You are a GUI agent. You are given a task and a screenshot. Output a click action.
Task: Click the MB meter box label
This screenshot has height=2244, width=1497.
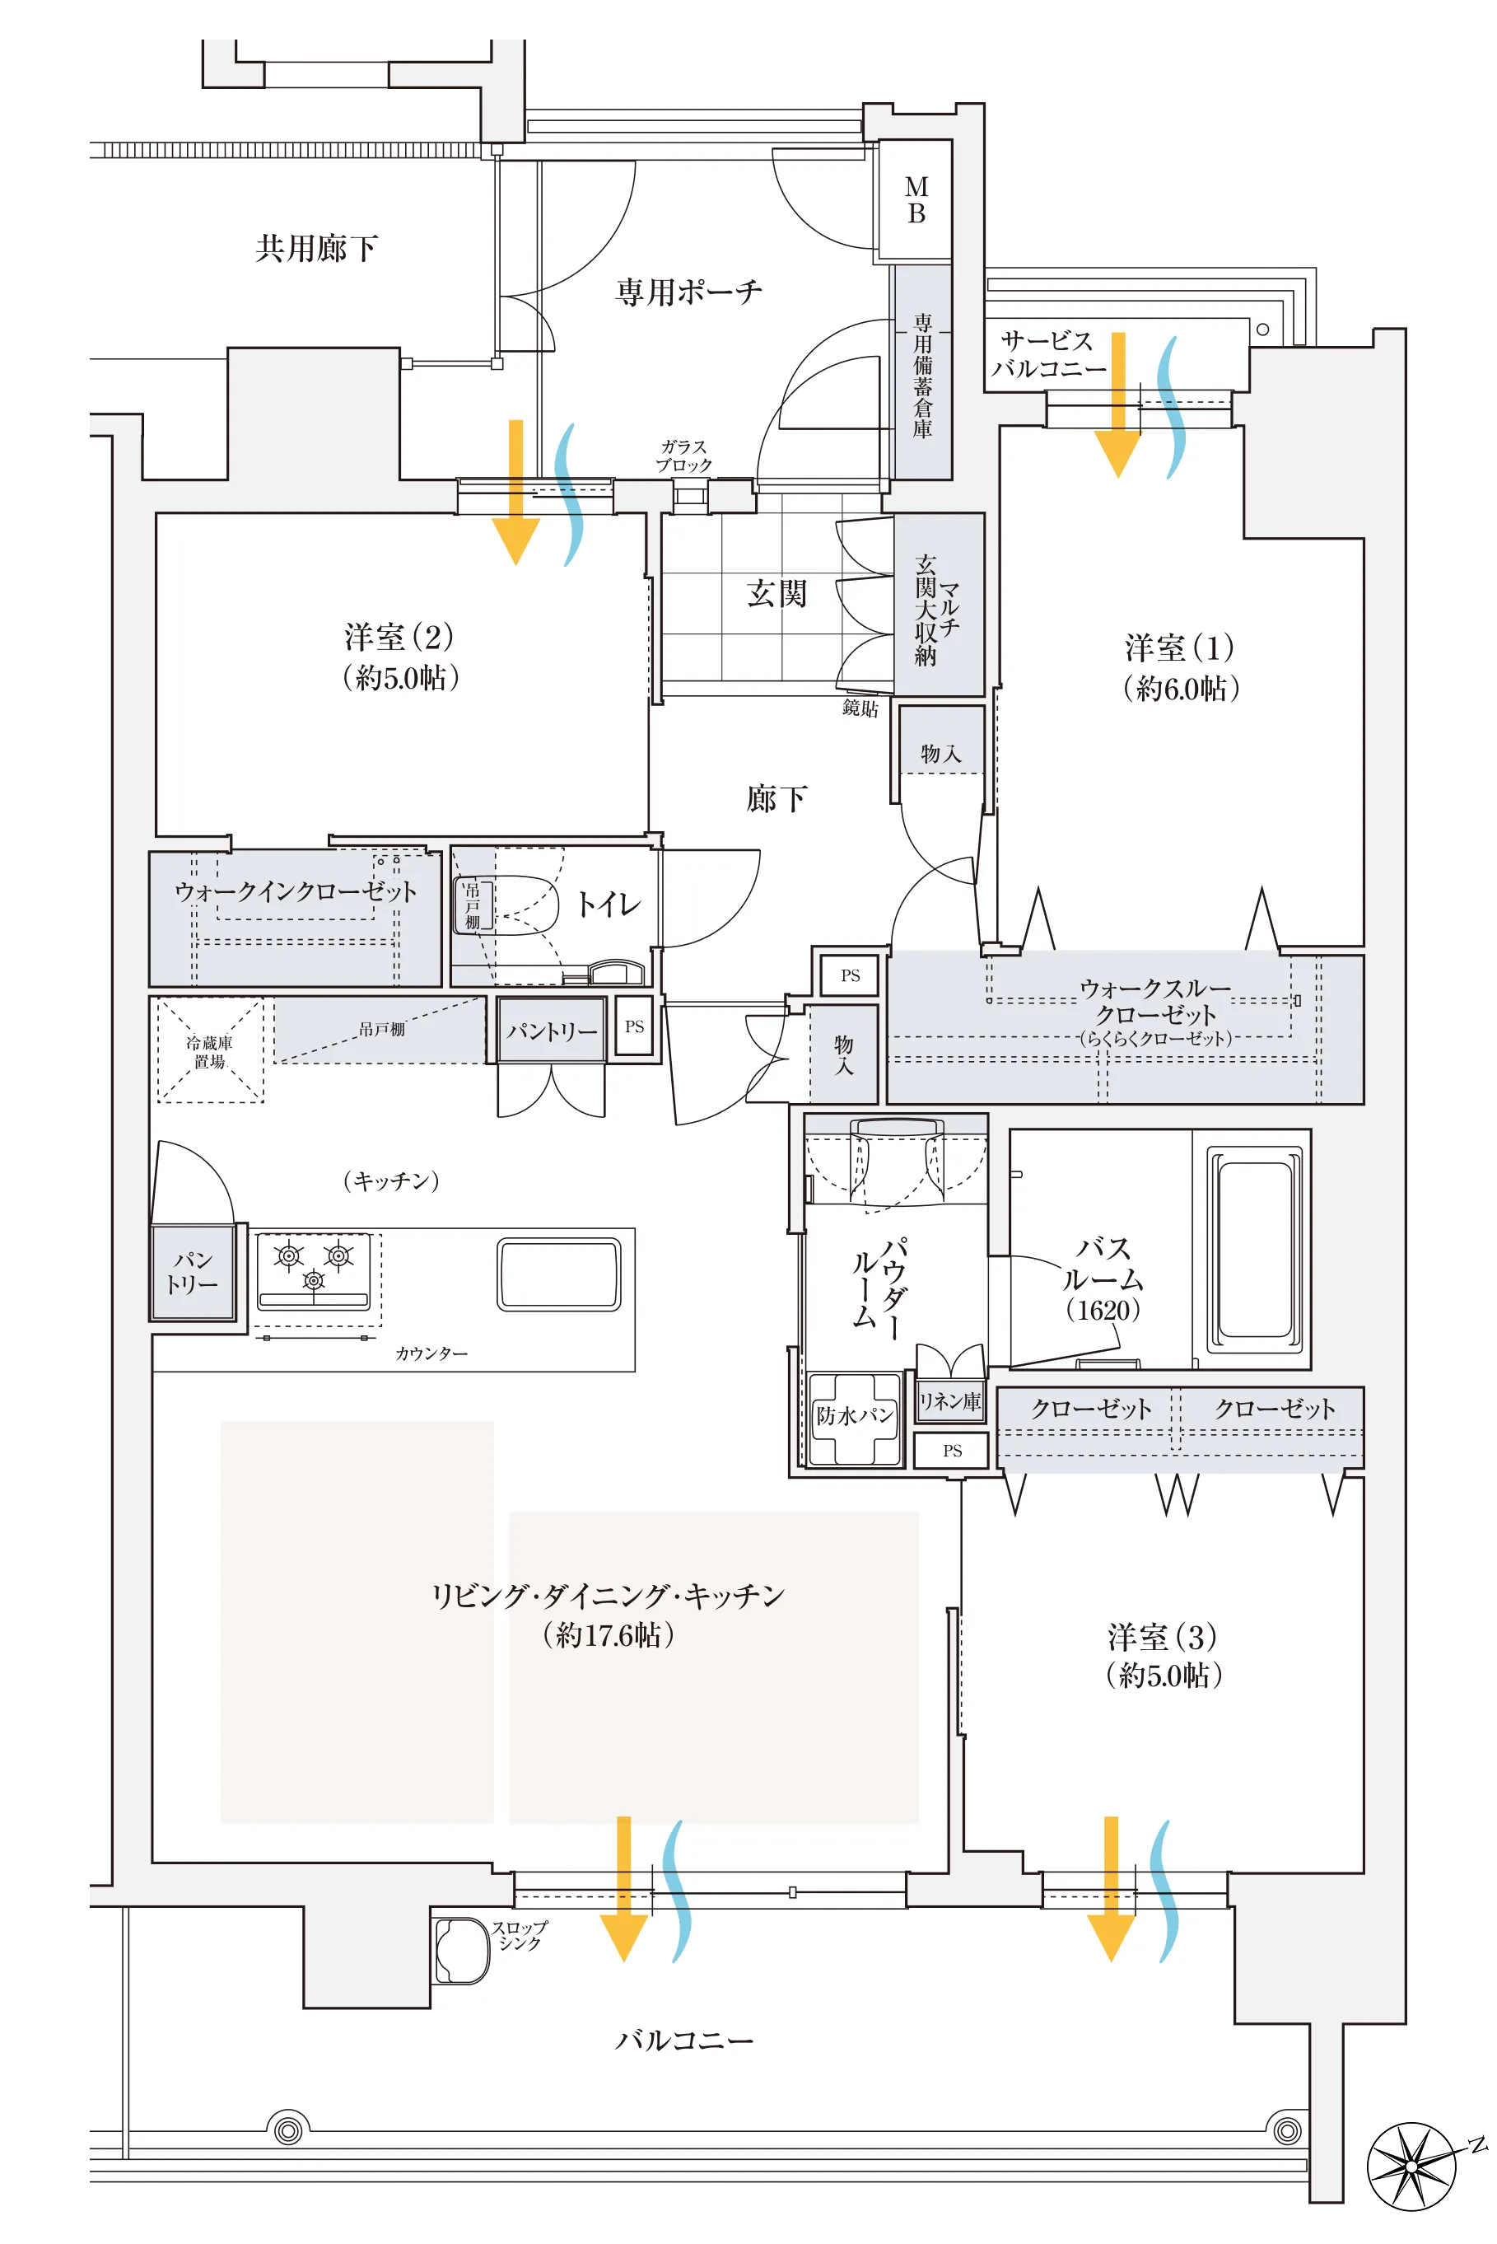916,200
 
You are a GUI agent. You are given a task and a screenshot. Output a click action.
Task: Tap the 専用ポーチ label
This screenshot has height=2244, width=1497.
688,292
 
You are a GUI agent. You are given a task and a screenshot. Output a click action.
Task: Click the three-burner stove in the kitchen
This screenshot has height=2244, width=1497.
314,1269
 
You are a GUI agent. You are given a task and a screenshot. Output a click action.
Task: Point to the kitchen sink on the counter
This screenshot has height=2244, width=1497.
559,1274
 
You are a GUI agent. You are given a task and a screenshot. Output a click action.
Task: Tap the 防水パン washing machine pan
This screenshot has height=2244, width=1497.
854,1417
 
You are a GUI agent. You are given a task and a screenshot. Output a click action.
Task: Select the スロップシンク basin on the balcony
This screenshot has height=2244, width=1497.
462,1950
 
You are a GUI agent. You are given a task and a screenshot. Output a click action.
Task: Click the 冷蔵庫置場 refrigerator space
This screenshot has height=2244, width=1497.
210,1050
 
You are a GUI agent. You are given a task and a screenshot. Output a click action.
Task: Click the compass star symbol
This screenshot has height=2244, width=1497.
1413,2165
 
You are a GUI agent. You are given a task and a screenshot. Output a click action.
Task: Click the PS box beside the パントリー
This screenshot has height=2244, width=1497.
634,1026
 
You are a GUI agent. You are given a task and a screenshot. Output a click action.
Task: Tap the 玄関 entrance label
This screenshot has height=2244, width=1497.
776,594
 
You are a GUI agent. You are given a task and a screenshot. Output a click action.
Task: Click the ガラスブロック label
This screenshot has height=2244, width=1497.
683,456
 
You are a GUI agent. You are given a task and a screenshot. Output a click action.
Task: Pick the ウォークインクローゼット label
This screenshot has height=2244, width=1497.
296,893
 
